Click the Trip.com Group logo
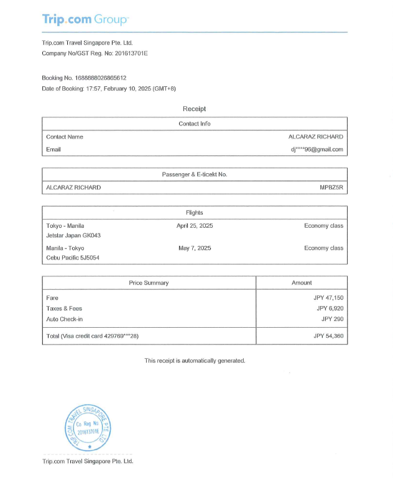point(85,19)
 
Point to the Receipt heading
point(194,109)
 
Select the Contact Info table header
point(194,124)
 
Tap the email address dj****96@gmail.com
point(317,149)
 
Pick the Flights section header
point(194,212)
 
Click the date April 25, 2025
point(194,225)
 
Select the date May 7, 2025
point(194,248)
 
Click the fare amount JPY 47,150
point(329,298)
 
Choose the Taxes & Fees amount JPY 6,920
point(330,309)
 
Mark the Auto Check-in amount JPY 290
point(332,319)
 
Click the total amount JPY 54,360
point(328,336)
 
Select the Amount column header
point(302,282)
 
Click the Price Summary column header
point(149,282)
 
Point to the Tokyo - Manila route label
point(65,225)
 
